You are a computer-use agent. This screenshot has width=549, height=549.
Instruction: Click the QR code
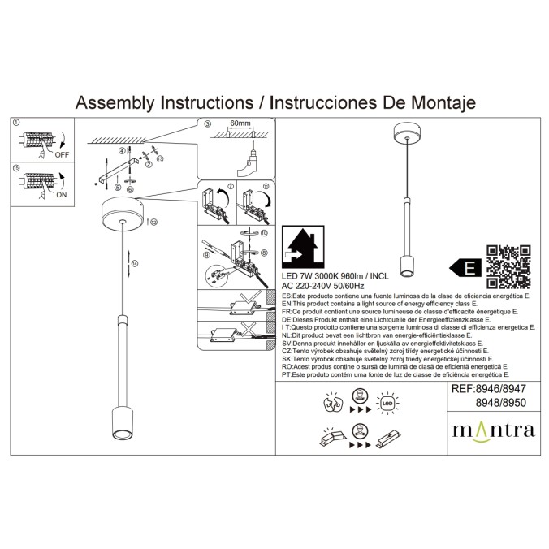(508, 266)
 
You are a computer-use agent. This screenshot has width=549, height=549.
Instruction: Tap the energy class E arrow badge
(465, 266)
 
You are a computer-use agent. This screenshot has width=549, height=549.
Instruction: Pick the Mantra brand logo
(493, 429)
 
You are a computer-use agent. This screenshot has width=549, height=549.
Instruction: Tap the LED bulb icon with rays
(386, 401)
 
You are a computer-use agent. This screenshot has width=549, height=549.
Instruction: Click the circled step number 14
(135, 263)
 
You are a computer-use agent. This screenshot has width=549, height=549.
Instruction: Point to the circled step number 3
(207, 124)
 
